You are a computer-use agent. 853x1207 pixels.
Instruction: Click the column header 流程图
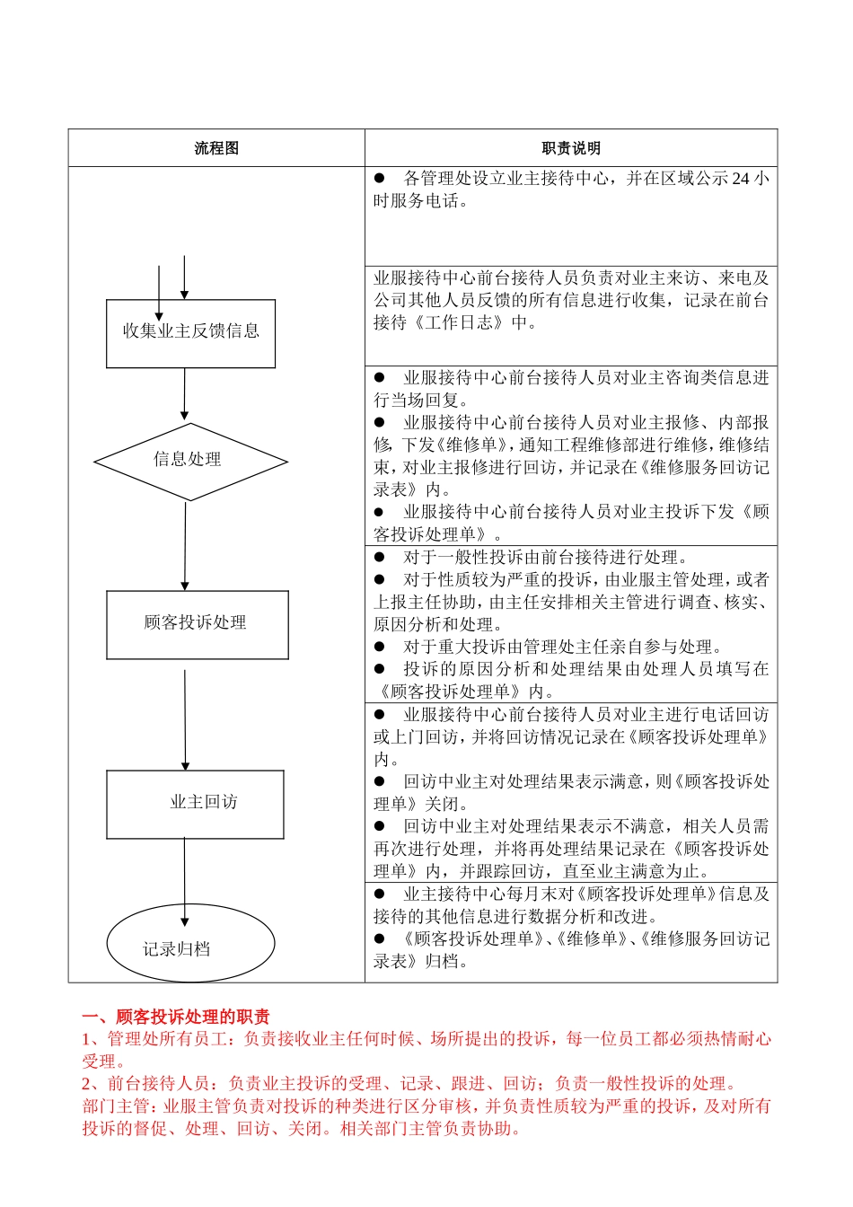tap(216, 148)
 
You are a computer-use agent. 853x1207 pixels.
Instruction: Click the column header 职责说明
tap(571, 148)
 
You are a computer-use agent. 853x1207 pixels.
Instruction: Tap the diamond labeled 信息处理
tap(189, 461)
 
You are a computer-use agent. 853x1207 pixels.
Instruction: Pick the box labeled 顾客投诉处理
tap(197, 623)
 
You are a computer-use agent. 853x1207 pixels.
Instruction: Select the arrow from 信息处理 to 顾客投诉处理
tap(186, 545)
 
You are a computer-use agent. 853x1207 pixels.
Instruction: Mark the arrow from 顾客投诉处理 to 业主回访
tap(186, 718)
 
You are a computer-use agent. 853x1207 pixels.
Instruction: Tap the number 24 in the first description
tap(741, 179)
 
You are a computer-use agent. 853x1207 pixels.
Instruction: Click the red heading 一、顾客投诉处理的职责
tap(176, 1017)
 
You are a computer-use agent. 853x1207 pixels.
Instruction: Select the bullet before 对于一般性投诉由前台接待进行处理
tap(379, 557)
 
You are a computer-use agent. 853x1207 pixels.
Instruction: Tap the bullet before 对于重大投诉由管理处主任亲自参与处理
tap(379, 647)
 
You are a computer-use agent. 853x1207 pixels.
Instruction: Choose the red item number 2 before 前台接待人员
tap(87, 1084)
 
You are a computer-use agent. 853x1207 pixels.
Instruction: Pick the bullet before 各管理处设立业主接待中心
tap(379, 179)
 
